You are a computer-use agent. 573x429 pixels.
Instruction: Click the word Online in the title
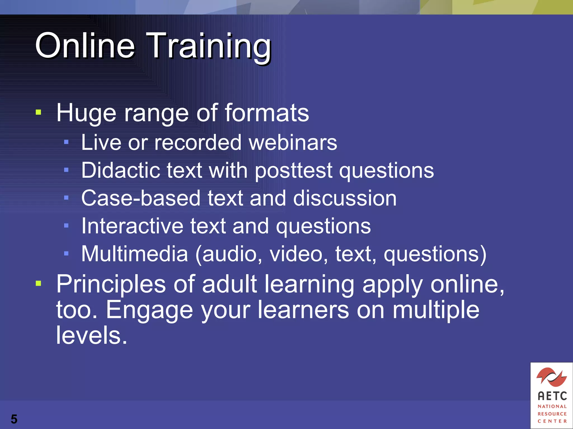85,45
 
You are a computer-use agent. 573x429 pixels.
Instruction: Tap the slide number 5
14,419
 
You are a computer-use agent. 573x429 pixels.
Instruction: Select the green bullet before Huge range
39,113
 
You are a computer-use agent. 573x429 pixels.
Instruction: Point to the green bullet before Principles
39,284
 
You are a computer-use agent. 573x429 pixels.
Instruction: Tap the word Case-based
141,198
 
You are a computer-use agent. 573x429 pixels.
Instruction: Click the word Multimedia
135,254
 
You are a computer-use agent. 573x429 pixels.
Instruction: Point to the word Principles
111,284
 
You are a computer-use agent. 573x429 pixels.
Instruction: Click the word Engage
149,310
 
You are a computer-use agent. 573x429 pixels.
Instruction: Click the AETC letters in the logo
552,396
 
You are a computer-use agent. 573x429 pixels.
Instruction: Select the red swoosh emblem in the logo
551,377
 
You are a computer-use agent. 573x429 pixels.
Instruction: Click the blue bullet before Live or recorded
66,142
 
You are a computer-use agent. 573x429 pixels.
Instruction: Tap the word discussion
345,198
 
